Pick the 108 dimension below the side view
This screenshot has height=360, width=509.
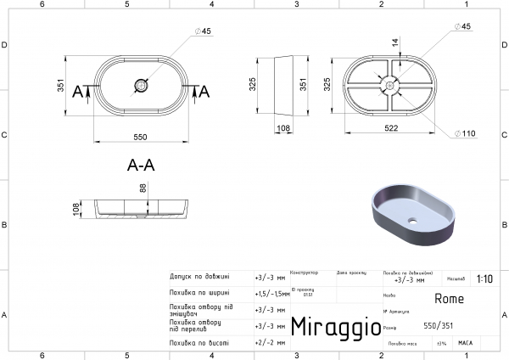pyautogui.click(x=284, y=129)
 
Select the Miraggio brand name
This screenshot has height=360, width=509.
pyautogui.click(x=330, y=327)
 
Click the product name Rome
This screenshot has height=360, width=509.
pyautogui.click(x=449, y=298)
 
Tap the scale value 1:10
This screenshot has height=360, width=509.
pyautogui.click(x=484, y=278)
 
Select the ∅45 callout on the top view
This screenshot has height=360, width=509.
pyautogui.click(x=203, y=32)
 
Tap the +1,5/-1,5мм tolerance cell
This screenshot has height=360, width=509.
pyautogui.click(x=271, y=293)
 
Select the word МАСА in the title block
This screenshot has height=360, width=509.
pyautogui.click(x=465, y=342)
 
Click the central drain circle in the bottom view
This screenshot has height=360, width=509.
pyautogui.click(x=389, y=85)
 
